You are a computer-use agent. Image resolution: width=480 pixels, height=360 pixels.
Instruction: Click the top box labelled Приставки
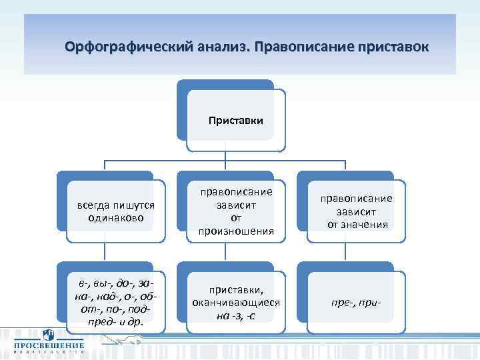point(235,121)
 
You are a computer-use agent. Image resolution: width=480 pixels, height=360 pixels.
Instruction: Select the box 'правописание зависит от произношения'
point(235,211)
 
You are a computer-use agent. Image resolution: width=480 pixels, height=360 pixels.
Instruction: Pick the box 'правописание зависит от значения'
point(357,211)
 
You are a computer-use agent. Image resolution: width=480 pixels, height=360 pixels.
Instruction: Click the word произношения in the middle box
point(236,231)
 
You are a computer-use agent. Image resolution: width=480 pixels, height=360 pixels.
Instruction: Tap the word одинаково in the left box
point(116,218)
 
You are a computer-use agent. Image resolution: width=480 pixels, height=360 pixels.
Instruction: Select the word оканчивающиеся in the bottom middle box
point(236,303)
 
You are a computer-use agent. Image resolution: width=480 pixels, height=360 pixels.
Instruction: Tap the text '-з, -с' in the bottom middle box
point(241,315)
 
